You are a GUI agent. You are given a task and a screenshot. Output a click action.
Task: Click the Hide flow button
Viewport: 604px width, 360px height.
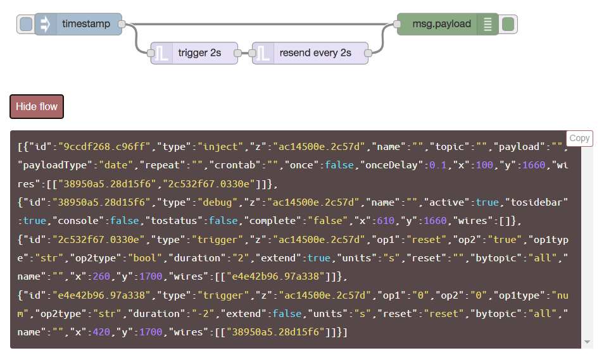37,106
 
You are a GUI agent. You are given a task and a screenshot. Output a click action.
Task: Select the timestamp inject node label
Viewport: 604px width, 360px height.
86,24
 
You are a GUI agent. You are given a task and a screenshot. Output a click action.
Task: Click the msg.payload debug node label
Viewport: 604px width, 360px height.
446,24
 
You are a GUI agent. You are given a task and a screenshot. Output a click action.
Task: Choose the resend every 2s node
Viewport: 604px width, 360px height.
315,53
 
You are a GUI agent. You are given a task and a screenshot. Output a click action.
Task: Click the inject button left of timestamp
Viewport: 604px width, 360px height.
26,25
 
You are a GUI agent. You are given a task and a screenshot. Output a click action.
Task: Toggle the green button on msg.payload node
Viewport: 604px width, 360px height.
508,25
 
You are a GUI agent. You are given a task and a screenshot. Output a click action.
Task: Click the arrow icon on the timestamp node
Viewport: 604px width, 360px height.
45,24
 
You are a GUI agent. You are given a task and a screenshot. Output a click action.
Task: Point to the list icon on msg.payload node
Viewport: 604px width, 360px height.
488,24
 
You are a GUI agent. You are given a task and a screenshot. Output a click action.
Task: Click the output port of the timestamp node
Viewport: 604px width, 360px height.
122,25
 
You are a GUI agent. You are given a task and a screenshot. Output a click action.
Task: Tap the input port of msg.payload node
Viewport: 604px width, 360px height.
397,25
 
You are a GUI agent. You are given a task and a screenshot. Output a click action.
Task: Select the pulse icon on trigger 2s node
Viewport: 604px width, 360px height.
161,54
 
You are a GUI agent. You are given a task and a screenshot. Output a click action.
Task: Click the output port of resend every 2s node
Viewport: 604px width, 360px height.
369,54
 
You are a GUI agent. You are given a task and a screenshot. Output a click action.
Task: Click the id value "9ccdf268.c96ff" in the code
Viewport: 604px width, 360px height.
105,147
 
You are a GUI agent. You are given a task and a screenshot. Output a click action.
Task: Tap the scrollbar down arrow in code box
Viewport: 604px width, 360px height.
588,342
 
